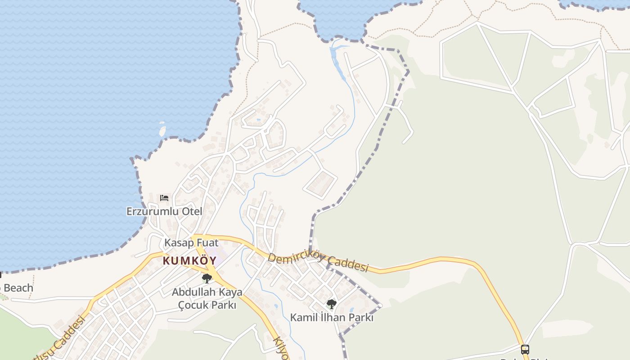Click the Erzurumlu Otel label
click(x=164, y=211)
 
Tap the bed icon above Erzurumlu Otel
click(x=164, y=198)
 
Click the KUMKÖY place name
click(x=189, y=261)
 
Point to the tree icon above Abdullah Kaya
click(x=207, y=279)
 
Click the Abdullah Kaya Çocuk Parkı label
click(x=207, y=298)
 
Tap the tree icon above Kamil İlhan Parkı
click(x=332, y=304)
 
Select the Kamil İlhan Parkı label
click(x=332, y=317)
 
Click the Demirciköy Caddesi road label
click(x=318, y=262)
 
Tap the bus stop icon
click(x=525, y=349)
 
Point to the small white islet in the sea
click(x=162, y=131)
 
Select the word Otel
click(x=191, y=211)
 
